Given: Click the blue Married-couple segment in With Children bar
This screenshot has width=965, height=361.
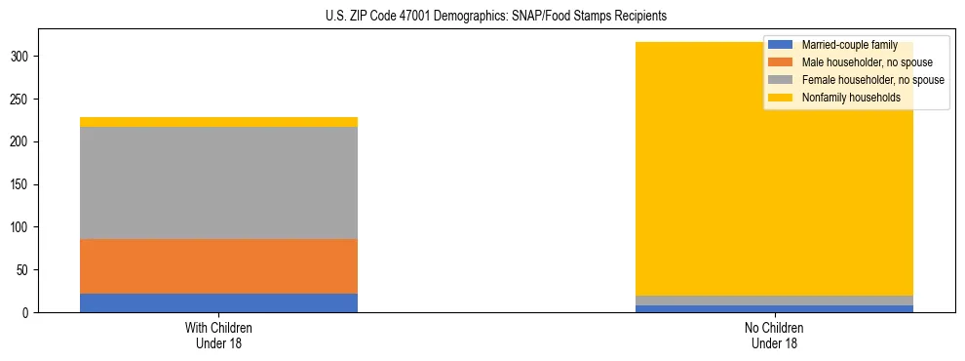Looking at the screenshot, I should (218, 302).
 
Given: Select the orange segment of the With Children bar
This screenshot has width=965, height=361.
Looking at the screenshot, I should (218, 266).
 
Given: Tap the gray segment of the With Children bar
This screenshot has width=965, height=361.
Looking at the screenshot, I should (218, 183).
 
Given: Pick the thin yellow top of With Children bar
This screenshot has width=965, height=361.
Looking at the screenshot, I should (218, 122).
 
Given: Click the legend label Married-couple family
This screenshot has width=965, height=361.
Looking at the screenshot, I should (849, 45).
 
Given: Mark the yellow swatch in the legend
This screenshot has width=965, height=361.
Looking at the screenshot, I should (780, 98).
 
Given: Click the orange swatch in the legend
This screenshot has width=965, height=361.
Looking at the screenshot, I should (780, 62).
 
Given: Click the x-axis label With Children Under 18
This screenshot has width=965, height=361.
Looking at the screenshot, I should (218, 336).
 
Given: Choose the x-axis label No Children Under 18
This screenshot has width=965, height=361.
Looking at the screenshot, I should (774, 336).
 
